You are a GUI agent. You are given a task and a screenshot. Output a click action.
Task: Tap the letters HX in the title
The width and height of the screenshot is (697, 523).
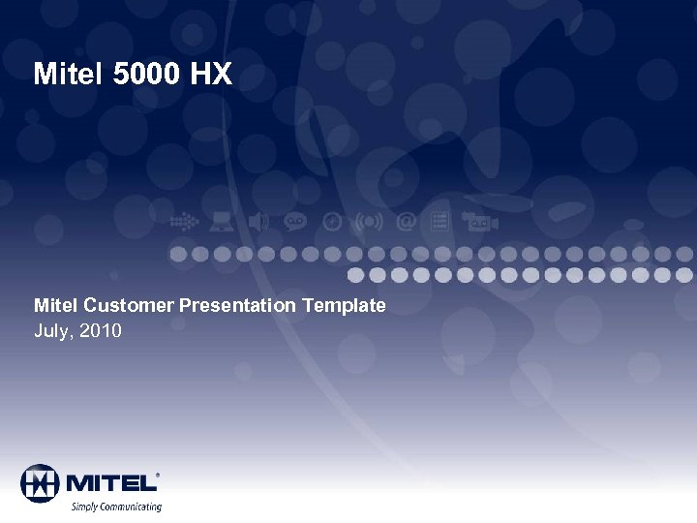pyautogui.click(x=212, y=75)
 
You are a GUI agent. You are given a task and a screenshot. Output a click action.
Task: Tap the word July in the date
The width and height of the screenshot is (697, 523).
pyautogui.click(x=53, y=331)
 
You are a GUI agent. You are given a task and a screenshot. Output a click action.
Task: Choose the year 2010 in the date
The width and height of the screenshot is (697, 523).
pyautogui.click(x=101, y=331)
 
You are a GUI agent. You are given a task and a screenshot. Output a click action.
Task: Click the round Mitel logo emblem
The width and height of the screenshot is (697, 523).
pyautogui.click(x=40, y=483)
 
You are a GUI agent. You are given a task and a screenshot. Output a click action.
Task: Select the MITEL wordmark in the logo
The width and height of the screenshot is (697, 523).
pyautogui.click(x=109, y=482)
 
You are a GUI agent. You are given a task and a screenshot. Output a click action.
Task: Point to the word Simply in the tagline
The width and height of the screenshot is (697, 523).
pyautogui.click(x=85, y=507)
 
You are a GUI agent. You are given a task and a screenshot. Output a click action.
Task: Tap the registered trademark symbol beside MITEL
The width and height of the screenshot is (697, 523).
pyautogui.click(x=158, y=476)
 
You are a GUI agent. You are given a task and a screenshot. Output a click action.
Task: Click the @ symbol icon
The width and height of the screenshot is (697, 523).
pyautogui.click(x=407, y=222)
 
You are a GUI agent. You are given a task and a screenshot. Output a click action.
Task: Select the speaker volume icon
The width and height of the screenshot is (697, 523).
pyautogui.click(x=258, y=222)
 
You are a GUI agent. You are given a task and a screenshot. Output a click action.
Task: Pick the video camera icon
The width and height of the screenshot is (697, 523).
pyautogui.click(x=480, y=222)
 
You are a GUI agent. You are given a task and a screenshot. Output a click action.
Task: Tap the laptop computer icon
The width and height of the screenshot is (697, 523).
pyautogui.click(x=222, y=222)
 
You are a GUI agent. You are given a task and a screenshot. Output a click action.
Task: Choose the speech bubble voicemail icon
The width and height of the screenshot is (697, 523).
pyautogui.click(x=294, y=222)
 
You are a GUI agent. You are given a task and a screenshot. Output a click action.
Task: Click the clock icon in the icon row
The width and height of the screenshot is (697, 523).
pyautogui.click(x=332, y=222)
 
